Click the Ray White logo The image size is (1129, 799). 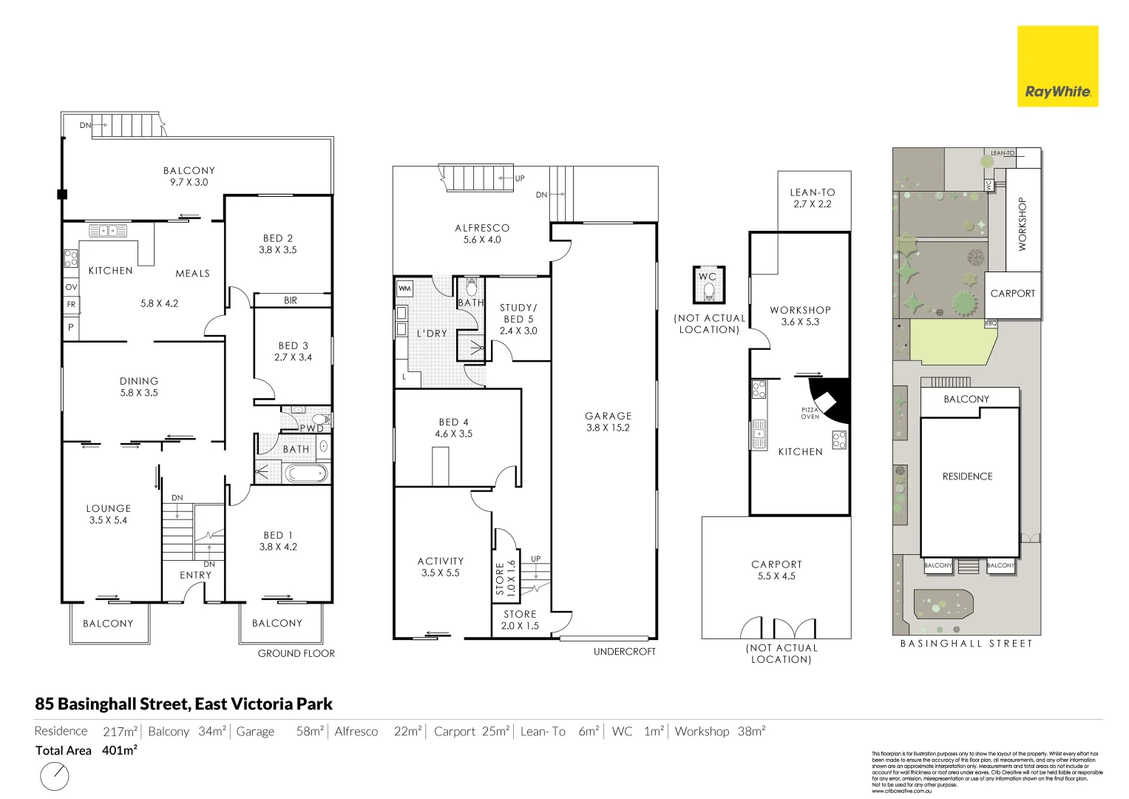(1057, 67)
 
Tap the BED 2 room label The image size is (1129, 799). (278, 244)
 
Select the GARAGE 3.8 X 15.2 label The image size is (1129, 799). (608, 422)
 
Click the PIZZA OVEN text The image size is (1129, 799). (810, 413)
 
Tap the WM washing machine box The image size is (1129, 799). (404, 288)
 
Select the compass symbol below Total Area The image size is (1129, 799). (55, 777)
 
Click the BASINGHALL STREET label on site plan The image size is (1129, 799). (966, 644)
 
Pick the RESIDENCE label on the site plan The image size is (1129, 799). (967, 476)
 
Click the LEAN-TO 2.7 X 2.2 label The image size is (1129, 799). (813, 198)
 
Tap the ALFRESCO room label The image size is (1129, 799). (482, 234)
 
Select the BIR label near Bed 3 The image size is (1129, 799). (291, 300)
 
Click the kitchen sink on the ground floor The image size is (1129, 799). (108, 232)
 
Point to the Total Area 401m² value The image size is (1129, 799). (119, 750)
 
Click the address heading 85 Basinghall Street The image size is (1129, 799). (183, 704)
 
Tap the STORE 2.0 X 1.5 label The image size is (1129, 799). (520, 620)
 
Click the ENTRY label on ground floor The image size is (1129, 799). (195, 575)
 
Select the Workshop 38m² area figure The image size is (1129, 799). (750, 731)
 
